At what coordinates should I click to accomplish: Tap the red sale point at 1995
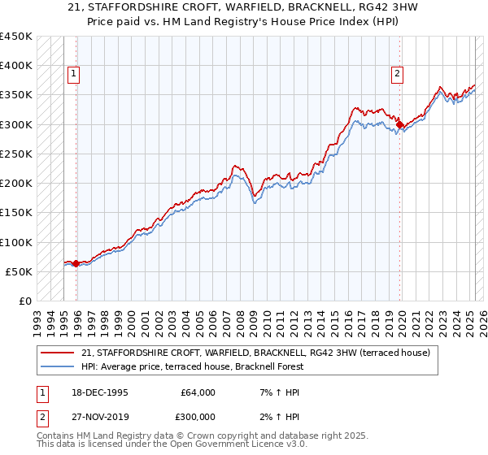tap(76, 263)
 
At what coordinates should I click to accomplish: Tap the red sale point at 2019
tap(399, 124)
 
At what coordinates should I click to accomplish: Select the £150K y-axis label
tap(16, 213)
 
